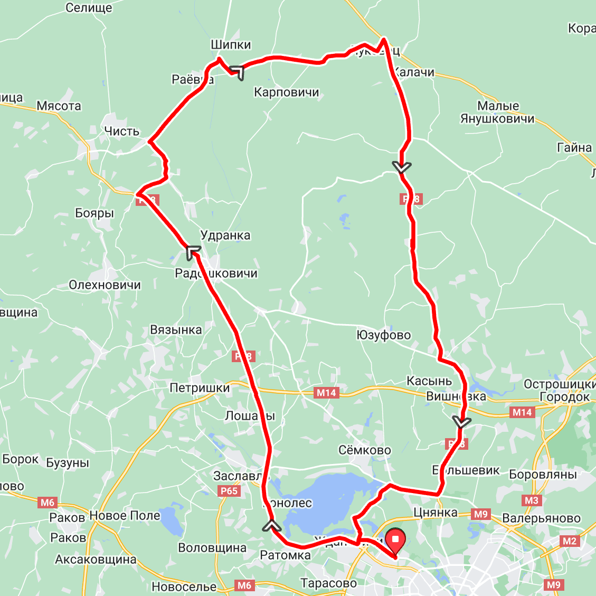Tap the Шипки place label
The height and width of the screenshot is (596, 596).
point(231,45)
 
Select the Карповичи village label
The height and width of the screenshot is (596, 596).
point(287,92)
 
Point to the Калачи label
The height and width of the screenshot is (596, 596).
point(415,72)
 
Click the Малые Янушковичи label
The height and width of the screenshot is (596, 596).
point(497,112)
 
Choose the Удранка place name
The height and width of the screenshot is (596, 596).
point(225,235)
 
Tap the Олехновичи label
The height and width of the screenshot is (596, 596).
point(105,285)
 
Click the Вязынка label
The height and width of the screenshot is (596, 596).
point(176,330)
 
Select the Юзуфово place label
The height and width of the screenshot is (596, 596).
point(384,335)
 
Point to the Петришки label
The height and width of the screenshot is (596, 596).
point(200,388)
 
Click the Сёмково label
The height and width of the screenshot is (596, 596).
point(365,450)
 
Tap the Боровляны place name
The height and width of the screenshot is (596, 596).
point(543,474)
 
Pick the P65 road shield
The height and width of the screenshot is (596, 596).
point(229,491)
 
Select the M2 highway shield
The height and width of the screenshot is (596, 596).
point(570,541)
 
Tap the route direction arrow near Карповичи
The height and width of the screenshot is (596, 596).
point(237,72)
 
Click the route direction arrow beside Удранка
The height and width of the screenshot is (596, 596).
point(193,252)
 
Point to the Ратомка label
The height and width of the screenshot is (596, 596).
point(286,555)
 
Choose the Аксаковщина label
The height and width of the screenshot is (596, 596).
point(96,560)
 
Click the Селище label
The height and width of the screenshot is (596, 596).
point(89,7)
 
